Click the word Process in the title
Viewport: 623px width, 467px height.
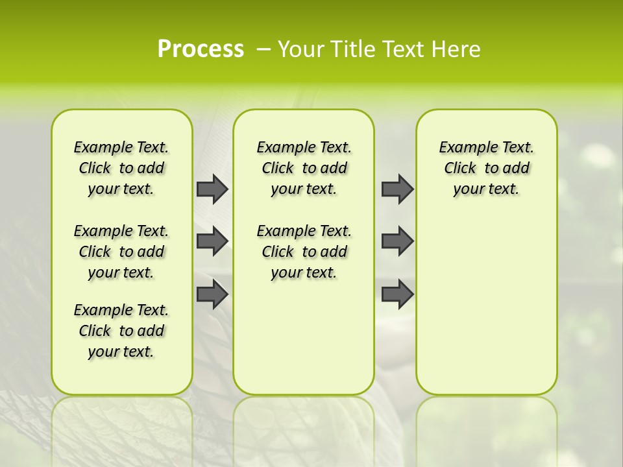pos(201,49)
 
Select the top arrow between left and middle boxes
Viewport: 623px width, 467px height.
pos(212,189)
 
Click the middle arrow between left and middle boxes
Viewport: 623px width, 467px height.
pos(212,241)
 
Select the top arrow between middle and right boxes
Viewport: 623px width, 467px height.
pos(397,189)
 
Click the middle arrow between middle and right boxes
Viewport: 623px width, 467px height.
pos(397,241)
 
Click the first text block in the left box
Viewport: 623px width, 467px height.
pos(121,168)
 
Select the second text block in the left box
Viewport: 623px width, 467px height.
pos(121,252)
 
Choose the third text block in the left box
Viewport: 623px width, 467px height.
pos(121,331)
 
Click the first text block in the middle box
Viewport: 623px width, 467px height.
pos(304,168)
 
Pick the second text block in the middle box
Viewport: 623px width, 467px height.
pos(304,252)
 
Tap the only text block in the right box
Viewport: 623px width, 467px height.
pos(486,168)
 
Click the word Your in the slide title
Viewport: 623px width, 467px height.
pos(300,49)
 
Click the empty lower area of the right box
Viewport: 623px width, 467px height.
pos(486,311)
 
